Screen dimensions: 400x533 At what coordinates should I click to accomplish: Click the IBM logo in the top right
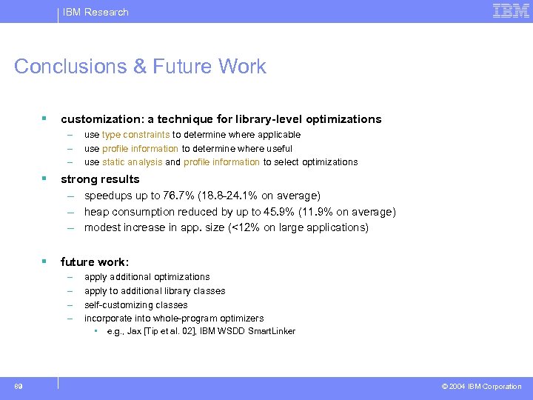point(511,11)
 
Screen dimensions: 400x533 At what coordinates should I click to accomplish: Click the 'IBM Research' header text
point(95,12)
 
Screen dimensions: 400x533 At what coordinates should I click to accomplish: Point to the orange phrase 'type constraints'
point(135,135)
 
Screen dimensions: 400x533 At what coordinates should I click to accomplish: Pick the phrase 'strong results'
point(100,179)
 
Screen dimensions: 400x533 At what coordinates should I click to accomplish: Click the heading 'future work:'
point(95,262)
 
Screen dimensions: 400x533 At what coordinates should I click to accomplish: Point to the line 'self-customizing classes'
point(135,305)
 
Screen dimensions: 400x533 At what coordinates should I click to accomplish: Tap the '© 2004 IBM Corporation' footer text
point(481,387)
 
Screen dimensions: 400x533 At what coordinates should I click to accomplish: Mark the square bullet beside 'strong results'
point(45,179)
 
